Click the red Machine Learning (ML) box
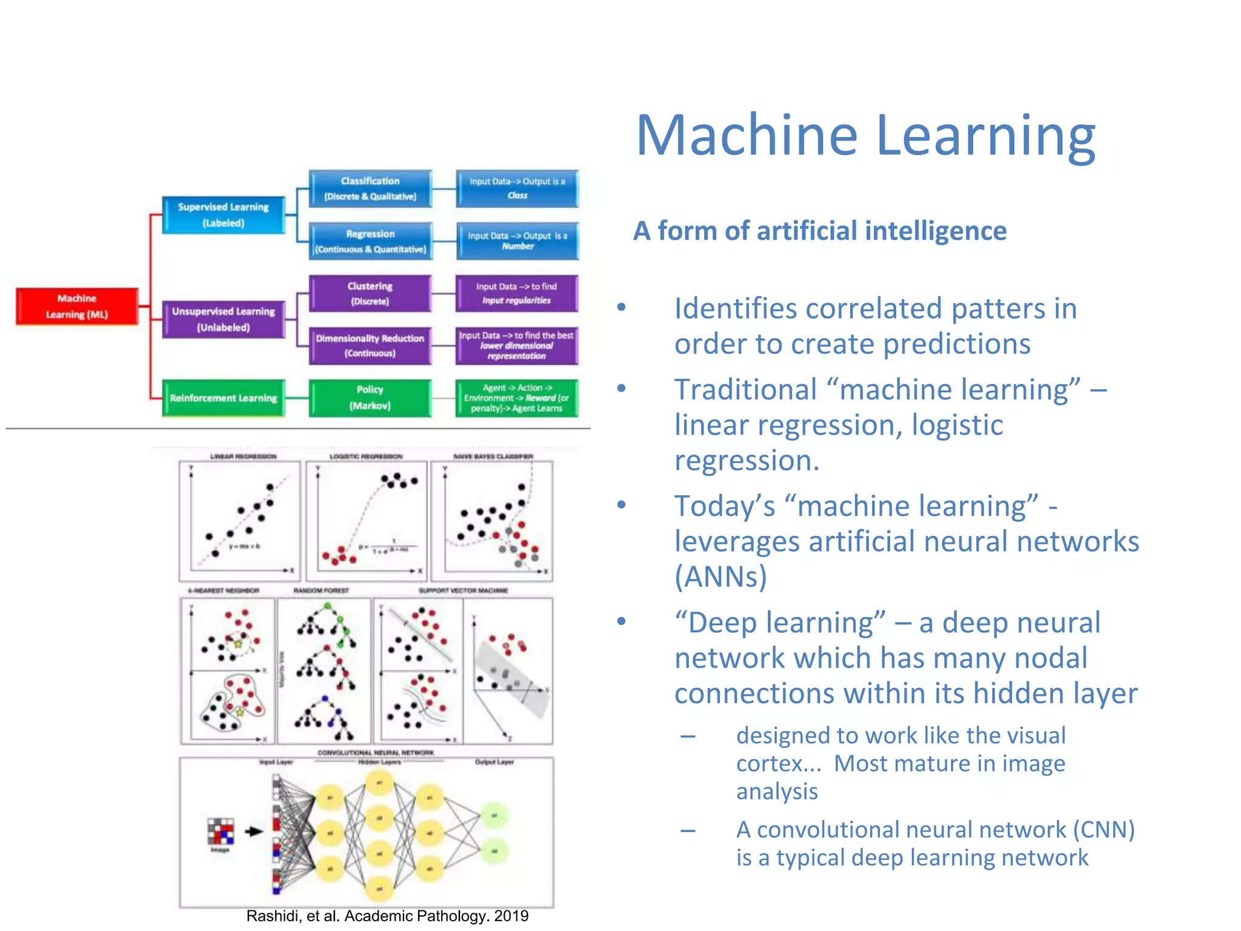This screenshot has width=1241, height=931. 77,306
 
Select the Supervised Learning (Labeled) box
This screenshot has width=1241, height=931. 224,215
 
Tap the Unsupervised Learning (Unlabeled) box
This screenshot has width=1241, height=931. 224,319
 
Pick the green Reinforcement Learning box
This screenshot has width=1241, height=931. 224,398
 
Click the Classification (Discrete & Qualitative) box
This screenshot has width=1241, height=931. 370,189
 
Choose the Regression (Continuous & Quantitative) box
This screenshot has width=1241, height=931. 370,241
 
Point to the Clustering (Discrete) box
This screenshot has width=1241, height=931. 370,293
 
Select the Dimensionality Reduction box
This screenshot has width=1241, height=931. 370,345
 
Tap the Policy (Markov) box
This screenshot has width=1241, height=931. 370,398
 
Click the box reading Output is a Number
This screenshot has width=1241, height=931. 517,241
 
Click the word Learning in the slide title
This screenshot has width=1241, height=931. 985,136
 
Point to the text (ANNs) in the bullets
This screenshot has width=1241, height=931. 721,576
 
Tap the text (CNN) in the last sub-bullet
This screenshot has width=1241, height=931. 1103,830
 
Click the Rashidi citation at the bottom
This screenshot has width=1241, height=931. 387,916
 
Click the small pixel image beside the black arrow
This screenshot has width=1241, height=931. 221,831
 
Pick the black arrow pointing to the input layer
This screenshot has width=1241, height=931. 254,831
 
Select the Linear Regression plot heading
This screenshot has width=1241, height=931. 243,456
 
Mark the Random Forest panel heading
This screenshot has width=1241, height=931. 321,590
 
